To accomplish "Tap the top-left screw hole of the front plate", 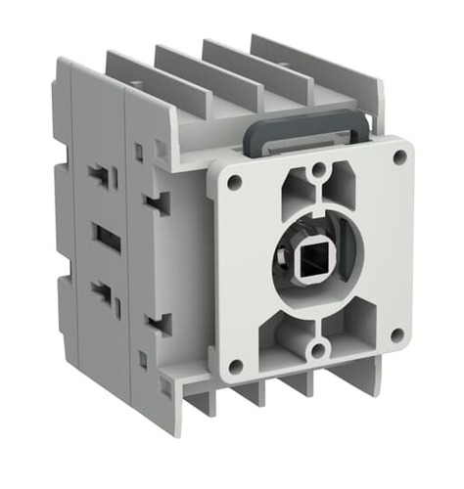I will tap(234, 181).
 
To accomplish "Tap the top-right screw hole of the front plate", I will tap(399, 156).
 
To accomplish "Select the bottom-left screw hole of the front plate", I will tap(236, 367).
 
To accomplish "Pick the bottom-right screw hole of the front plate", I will tap(398, 334).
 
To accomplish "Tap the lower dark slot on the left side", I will tap(101, 291).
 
